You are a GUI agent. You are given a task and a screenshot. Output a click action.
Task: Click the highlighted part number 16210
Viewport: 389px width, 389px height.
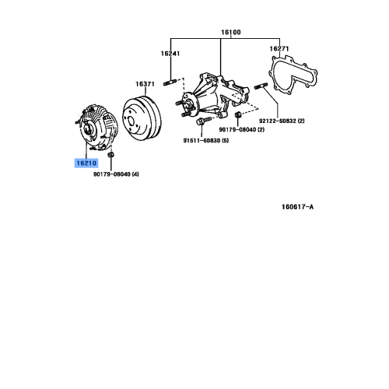click(86, 164)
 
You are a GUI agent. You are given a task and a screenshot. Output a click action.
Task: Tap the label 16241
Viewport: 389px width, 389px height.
click(170, 54)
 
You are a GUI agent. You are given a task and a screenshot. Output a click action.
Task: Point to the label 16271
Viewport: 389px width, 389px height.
click(279, 48)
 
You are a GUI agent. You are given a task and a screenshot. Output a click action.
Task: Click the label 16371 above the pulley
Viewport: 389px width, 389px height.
click(145, 83)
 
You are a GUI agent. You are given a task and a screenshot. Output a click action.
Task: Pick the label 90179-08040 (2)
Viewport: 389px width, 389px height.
click(241, 129)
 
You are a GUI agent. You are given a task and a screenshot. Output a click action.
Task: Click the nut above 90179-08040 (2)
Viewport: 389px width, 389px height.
click(237, 114)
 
